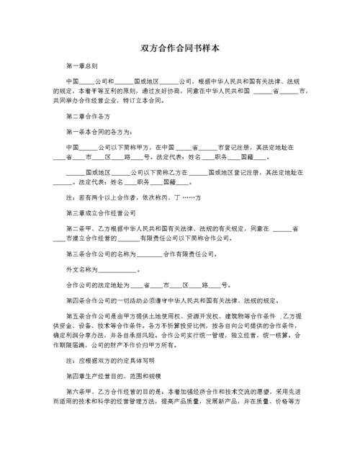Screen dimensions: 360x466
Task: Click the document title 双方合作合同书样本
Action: [x=180, y=48]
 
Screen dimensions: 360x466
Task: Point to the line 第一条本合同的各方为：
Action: [x=99, y=132]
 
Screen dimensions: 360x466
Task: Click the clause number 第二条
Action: [x=75, y=229]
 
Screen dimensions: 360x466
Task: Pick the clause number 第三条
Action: [x=75, y=254]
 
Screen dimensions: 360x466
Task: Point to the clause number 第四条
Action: [x=75, y=300]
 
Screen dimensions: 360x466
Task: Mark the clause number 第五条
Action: [x=75, y=316]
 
